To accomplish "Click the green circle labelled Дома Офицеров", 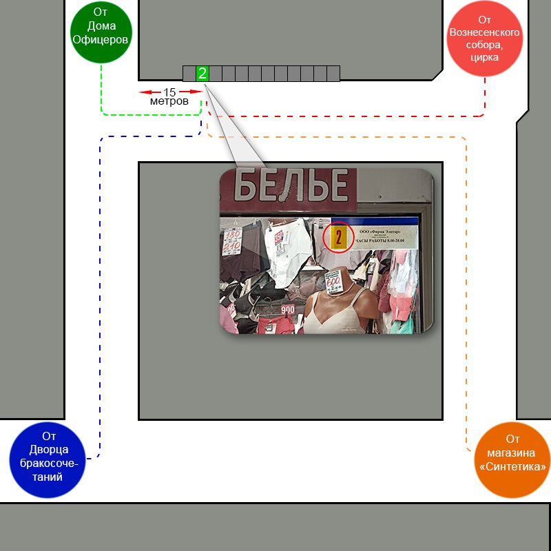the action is [101, 32].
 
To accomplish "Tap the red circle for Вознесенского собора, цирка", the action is [484, 39].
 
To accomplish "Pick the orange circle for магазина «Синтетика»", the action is [512, 459].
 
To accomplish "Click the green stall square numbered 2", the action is [202, 74].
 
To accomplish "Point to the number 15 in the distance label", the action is [169, 92].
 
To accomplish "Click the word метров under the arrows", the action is [169, 102].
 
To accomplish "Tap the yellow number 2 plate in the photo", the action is [338, 238].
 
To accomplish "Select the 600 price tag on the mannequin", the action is [333, 280].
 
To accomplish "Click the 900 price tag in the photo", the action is [287, 309].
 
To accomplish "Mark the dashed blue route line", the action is [101, 275].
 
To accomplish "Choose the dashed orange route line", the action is [466, 275].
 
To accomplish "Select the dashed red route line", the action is [344, 116].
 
